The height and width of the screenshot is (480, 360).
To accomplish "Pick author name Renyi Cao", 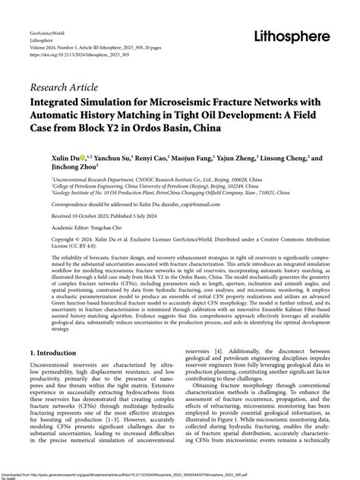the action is point(152,160).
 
